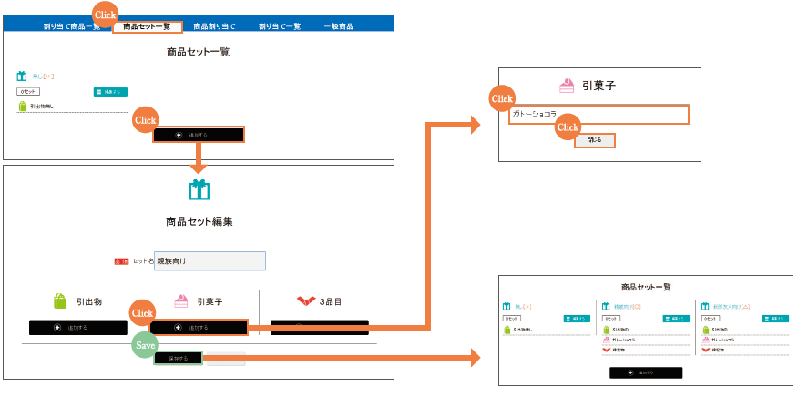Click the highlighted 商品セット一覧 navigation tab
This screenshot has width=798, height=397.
[147, 26]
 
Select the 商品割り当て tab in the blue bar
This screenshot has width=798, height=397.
[214, 26]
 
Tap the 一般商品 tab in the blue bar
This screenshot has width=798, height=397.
[339, 26]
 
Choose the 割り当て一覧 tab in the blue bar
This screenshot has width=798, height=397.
[280, 26]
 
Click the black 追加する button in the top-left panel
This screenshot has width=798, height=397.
[199, 135]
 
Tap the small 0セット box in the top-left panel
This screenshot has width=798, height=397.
[28, 92]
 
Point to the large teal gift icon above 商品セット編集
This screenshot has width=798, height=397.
[199, 189]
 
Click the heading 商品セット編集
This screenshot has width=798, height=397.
[199, 221]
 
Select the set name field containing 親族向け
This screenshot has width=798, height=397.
[210, 261]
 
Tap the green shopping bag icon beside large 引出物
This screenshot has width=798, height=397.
[60, 301]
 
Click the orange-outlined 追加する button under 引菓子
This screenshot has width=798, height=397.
[199, 327]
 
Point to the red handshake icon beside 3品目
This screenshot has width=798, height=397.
[305, 300]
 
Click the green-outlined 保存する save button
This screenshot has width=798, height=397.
[177, 359]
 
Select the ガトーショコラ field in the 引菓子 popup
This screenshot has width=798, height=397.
[598, 114]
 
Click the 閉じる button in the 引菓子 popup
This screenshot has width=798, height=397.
[594, 140]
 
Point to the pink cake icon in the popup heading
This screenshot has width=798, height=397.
[567, 86]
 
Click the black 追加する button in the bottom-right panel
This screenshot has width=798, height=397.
[645, 372]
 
